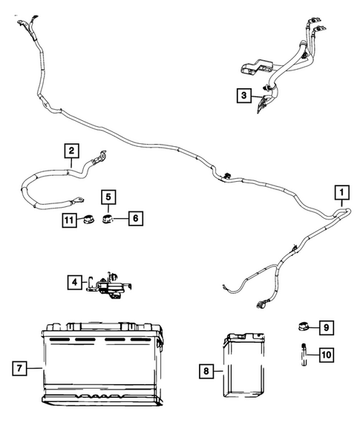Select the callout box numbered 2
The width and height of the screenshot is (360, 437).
71,152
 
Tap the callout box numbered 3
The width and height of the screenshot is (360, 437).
243,94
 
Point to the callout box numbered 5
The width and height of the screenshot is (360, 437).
108,197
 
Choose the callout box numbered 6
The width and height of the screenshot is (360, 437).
136,218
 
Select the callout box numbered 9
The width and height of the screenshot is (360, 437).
327,326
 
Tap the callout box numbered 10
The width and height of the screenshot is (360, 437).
327,355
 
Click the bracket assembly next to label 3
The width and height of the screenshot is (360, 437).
265,100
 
